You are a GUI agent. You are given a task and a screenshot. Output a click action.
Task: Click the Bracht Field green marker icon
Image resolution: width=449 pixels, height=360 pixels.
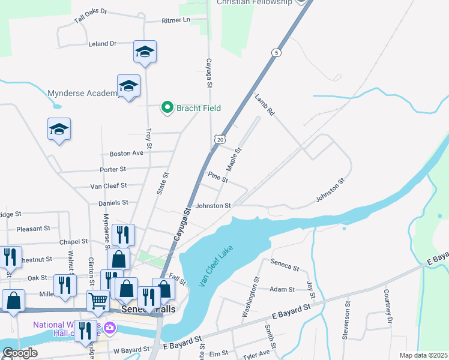167,108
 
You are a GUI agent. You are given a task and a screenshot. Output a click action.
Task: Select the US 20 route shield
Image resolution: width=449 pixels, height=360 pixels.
220,139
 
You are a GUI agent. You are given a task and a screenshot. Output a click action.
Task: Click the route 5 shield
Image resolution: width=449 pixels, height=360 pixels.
276,52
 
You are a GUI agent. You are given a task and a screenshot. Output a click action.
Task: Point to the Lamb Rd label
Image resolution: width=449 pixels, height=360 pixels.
264,104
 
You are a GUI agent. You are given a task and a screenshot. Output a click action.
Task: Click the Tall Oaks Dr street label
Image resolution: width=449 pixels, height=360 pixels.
90,15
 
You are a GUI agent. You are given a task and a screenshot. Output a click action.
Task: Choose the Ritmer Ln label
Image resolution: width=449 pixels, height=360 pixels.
175,20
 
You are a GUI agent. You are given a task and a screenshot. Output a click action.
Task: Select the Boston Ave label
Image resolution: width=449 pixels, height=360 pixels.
126,154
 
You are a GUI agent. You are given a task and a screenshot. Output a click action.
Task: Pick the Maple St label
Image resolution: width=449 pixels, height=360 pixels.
233,158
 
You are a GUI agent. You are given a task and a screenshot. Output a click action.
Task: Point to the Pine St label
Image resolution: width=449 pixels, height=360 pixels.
218,177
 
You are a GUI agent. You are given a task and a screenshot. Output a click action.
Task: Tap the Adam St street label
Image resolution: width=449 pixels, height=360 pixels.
282,289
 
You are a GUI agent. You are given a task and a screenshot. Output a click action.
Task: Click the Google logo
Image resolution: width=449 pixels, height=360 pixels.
19,353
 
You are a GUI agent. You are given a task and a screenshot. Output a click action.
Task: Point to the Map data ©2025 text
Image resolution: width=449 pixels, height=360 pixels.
423,355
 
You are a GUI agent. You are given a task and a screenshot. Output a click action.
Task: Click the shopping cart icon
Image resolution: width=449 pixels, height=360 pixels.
98,300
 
